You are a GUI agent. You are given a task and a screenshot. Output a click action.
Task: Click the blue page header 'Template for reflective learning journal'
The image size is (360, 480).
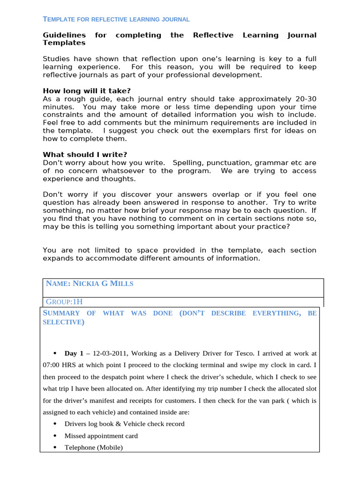point(116,19)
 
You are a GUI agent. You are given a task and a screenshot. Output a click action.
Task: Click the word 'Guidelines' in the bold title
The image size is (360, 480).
point(64,35)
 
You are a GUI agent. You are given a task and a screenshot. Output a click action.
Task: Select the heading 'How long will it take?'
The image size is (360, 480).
point(87,91)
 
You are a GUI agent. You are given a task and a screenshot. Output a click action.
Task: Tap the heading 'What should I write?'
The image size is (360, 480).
point(85,155)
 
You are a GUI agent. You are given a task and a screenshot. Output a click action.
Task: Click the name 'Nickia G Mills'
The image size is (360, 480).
point(103,284)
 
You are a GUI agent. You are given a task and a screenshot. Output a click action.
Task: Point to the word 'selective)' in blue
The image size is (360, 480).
point(64,322)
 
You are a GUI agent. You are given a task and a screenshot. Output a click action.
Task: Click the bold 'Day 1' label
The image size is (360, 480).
point(74,353)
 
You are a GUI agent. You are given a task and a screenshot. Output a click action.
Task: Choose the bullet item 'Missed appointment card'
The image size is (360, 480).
point(101,435)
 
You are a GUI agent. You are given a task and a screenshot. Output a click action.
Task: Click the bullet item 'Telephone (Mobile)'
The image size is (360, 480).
point(94,447)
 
